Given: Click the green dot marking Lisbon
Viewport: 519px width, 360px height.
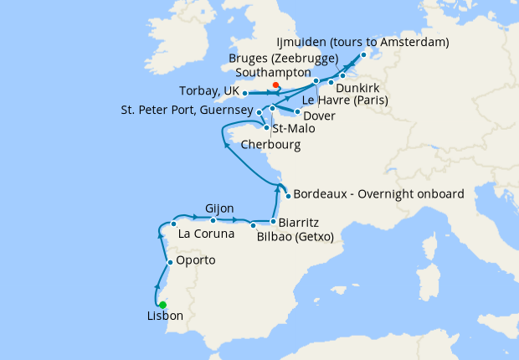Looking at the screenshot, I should click(162, 305).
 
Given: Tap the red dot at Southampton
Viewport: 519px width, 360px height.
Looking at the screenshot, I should click(275, 85).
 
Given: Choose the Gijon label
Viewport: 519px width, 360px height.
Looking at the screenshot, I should click(219, 208).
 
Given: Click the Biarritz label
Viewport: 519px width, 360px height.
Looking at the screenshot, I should click(301, 223).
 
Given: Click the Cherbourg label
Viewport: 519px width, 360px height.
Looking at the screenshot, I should click(270, 144).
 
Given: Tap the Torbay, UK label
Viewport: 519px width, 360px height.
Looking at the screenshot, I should click(209, 90).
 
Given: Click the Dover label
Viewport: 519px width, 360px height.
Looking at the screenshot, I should click(320, 115).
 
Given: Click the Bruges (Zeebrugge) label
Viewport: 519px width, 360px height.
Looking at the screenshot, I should click(283, 59).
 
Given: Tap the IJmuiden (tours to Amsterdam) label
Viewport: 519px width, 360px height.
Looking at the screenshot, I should click(362, 42).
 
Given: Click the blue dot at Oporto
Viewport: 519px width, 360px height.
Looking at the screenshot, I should click(170, 262).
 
